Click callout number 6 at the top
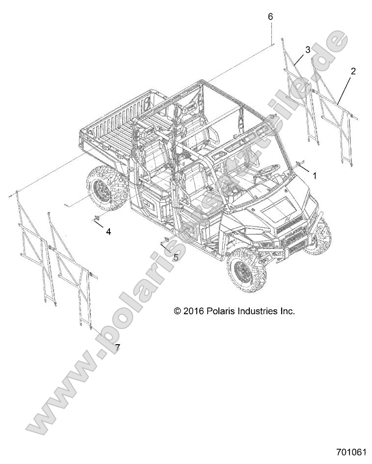[x=270, y=17]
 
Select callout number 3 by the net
[x=308, y=50]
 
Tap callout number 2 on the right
[x=353, y=71]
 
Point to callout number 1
[x=315, y=175]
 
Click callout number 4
[x=108, y=231]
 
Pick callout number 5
[x=176, y=257]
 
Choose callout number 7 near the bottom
[x=117, y=348]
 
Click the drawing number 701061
[x=351, y=452]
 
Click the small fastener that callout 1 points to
[x=299, y=163]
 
